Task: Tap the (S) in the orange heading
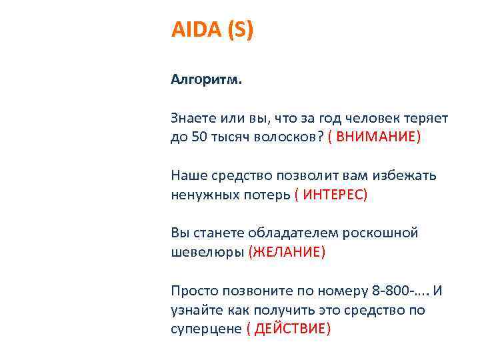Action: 241,31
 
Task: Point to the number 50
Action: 199,137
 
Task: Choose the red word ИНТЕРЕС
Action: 331,195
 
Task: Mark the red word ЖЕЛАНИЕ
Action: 287,252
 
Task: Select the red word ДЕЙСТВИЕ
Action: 289,329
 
